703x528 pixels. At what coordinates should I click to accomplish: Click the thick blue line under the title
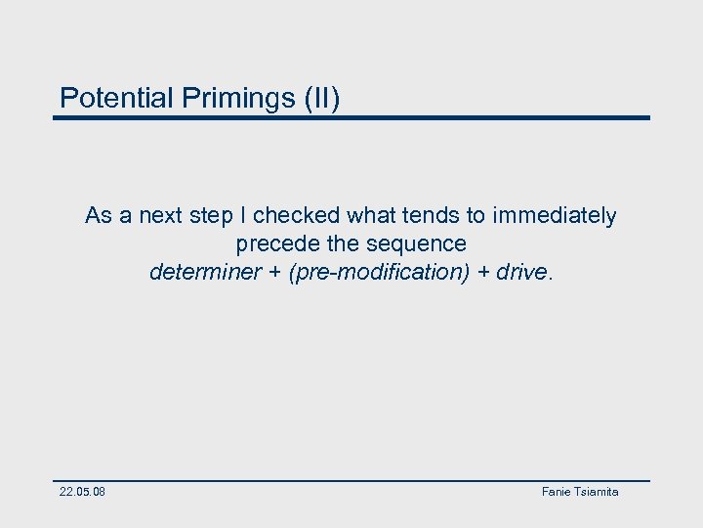[x=351, y=118]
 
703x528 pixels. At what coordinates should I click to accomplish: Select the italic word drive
[x=521, y=272]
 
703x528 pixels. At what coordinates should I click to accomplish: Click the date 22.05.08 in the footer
[x=82, y=492]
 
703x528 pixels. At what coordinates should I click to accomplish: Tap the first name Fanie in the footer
[x=557, y=492]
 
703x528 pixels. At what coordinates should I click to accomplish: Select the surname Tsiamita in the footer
[x=597, y=492]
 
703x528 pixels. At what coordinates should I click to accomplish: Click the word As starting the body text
[x=99, y=215]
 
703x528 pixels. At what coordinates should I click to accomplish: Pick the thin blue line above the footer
[x=351, y=480]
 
